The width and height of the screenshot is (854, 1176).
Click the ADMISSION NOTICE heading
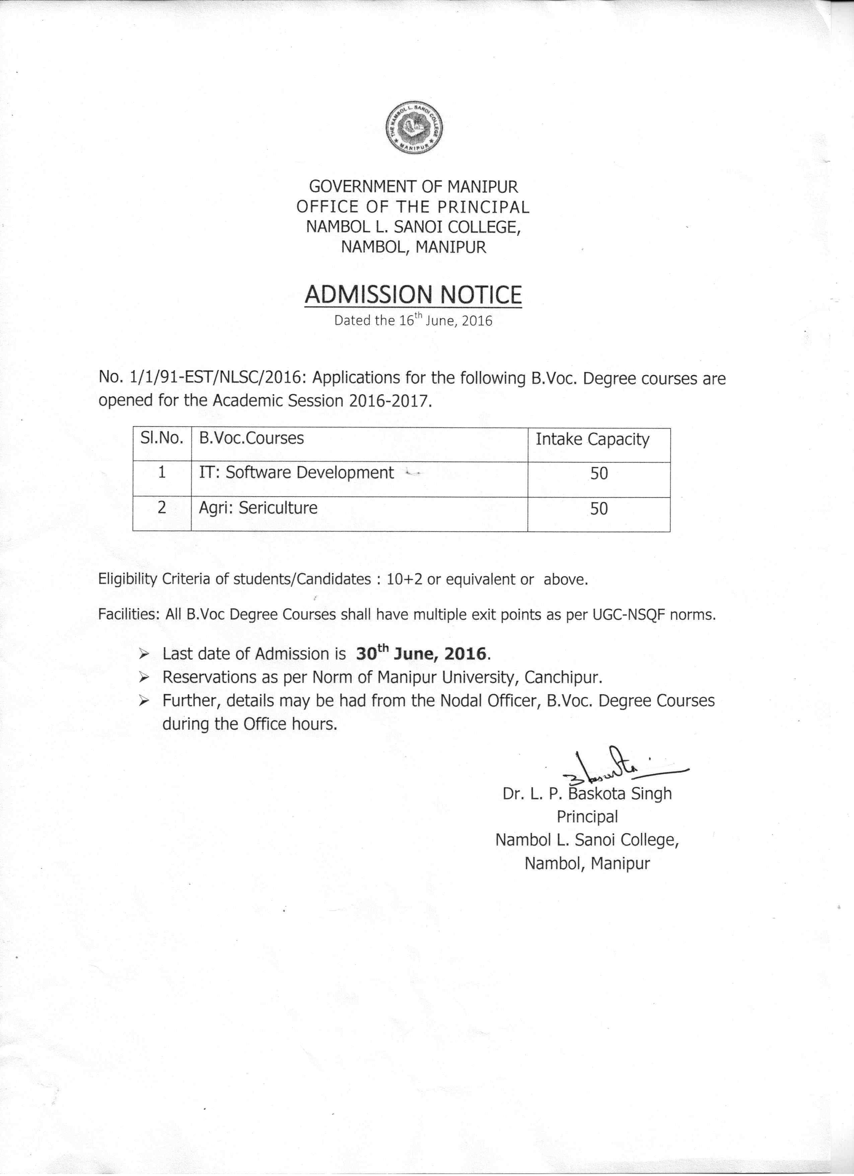(413, 295)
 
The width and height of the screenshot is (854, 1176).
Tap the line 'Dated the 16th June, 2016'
(413, 320)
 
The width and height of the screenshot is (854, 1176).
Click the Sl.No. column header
(162, 439)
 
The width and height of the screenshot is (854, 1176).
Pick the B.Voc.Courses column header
(251, 439)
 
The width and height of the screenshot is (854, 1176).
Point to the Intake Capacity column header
(592, 440)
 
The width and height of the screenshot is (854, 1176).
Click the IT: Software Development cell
(296, 473)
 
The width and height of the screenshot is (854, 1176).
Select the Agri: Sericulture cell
(258, 507)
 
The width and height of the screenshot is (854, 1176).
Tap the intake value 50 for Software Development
(599, 473)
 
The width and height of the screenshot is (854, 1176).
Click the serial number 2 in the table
(162, 508)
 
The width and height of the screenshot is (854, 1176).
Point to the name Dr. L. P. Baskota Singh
(587, 794)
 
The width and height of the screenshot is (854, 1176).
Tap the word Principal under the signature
(587, 817)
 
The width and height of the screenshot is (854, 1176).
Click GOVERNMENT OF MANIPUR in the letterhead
(413, 186)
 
